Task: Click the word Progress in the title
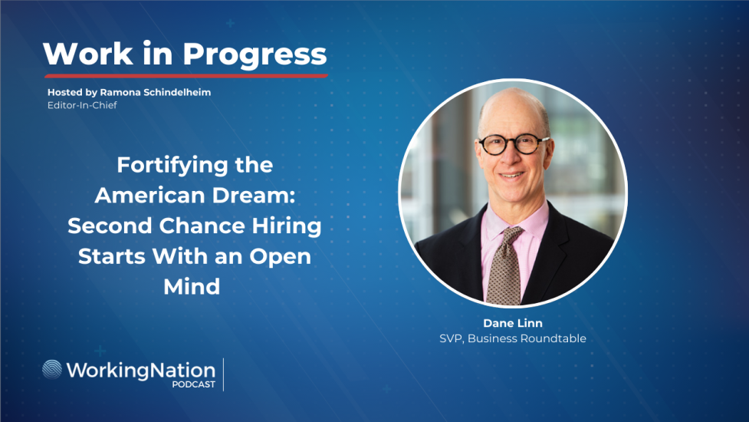[x=255, y=54]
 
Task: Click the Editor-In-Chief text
[x=81, y=105]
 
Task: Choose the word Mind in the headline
[x=192, y=286]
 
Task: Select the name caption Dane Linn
[x=513, y=323]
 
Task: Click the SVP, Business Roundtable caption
[x=513, y=338]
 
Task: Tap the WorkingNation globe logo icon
[x=53, y=370]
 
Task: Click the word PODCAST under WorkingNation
[x=193, y=384]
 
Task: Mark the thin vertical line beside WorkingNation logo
[x=224, y=374]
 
